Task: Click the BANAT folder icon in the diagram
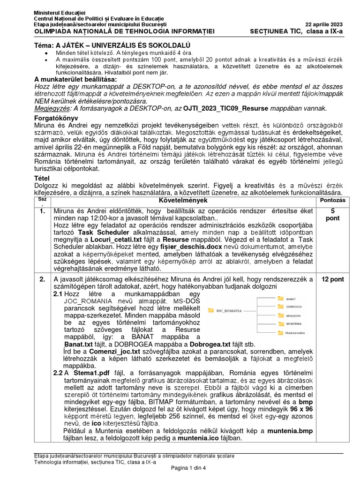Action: point(280,298)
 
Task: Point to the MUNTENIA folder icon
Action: point(280,323)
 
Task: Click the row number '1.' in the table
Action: point(42,211)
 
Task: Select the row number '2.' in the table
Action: point(42,279)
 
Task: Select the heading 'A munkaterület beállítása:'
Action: point(74,79)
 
